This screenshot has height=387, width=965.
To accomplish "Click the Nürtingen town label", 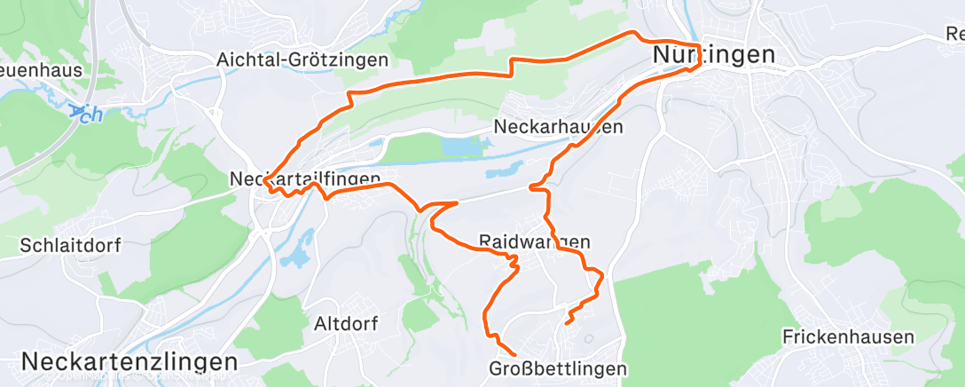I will tap(713, 55).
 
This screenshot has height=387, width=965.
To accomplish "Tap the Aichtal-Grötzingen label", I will tap(303, 60).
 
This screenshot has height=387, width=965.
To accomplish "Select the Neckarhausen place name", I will tap(558, 127).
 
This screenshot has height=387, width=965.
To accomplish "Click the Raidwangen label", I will tap(534, 241).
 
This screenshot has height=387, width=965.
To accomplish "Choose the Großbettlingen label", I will tap(558, 367).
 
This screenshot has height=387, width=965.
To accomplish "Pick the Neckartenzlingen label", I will tap(129, 362).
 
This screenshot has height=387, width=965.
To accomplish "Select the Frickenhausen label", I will tap(848, 337).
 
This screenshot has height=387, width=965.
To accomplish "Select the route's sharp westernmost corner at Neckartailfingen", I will tap(264, 180).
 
